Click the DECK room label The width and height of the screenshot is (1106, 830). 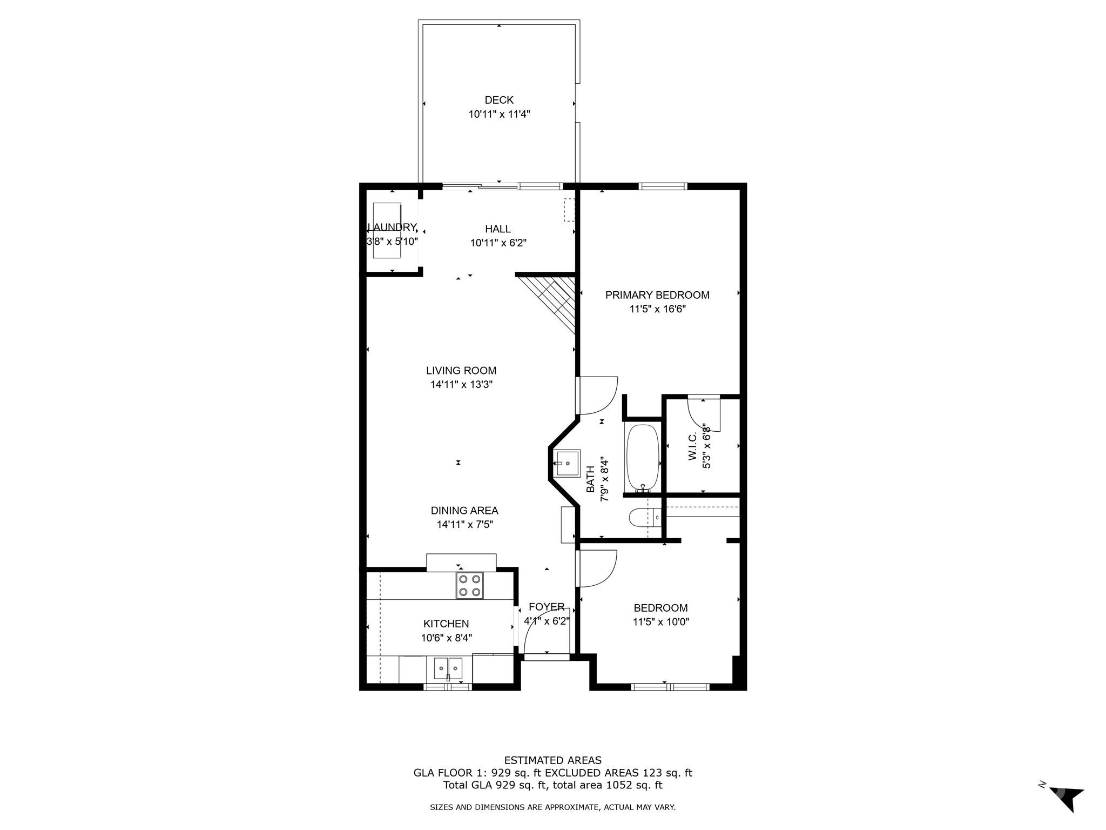pos(499,100)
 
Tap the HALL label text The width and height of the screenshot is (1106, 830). pos(498,229)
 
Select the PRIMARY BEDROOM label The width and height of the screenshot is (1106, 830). pos(657,295)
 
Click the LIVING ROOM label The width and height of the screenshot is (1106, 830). pos(461,371)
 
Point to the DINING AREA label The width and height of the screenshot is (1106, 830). pos(464,511)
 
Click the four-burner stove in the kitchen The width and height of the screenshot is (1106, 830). pos(469,585)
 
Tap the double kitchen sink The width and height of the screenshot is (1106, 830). pos(448,669)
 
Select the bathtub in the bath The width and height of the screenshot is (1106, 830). pos(642,457)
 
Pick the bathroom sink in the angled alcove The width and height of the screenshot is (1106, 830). pos(567,463)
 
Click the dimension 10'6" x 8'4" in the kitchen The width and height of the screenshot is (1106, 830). pos(447,638)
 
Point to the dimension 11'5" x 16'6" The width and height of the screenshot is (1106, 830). pos(657,309)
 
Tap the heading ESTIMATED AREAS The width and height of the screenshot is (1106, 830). pos(552,761)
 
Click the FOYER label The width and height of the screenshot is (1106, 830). pos(547,607)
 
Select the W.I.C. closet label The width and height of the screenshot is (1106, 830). pos(693,446)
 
